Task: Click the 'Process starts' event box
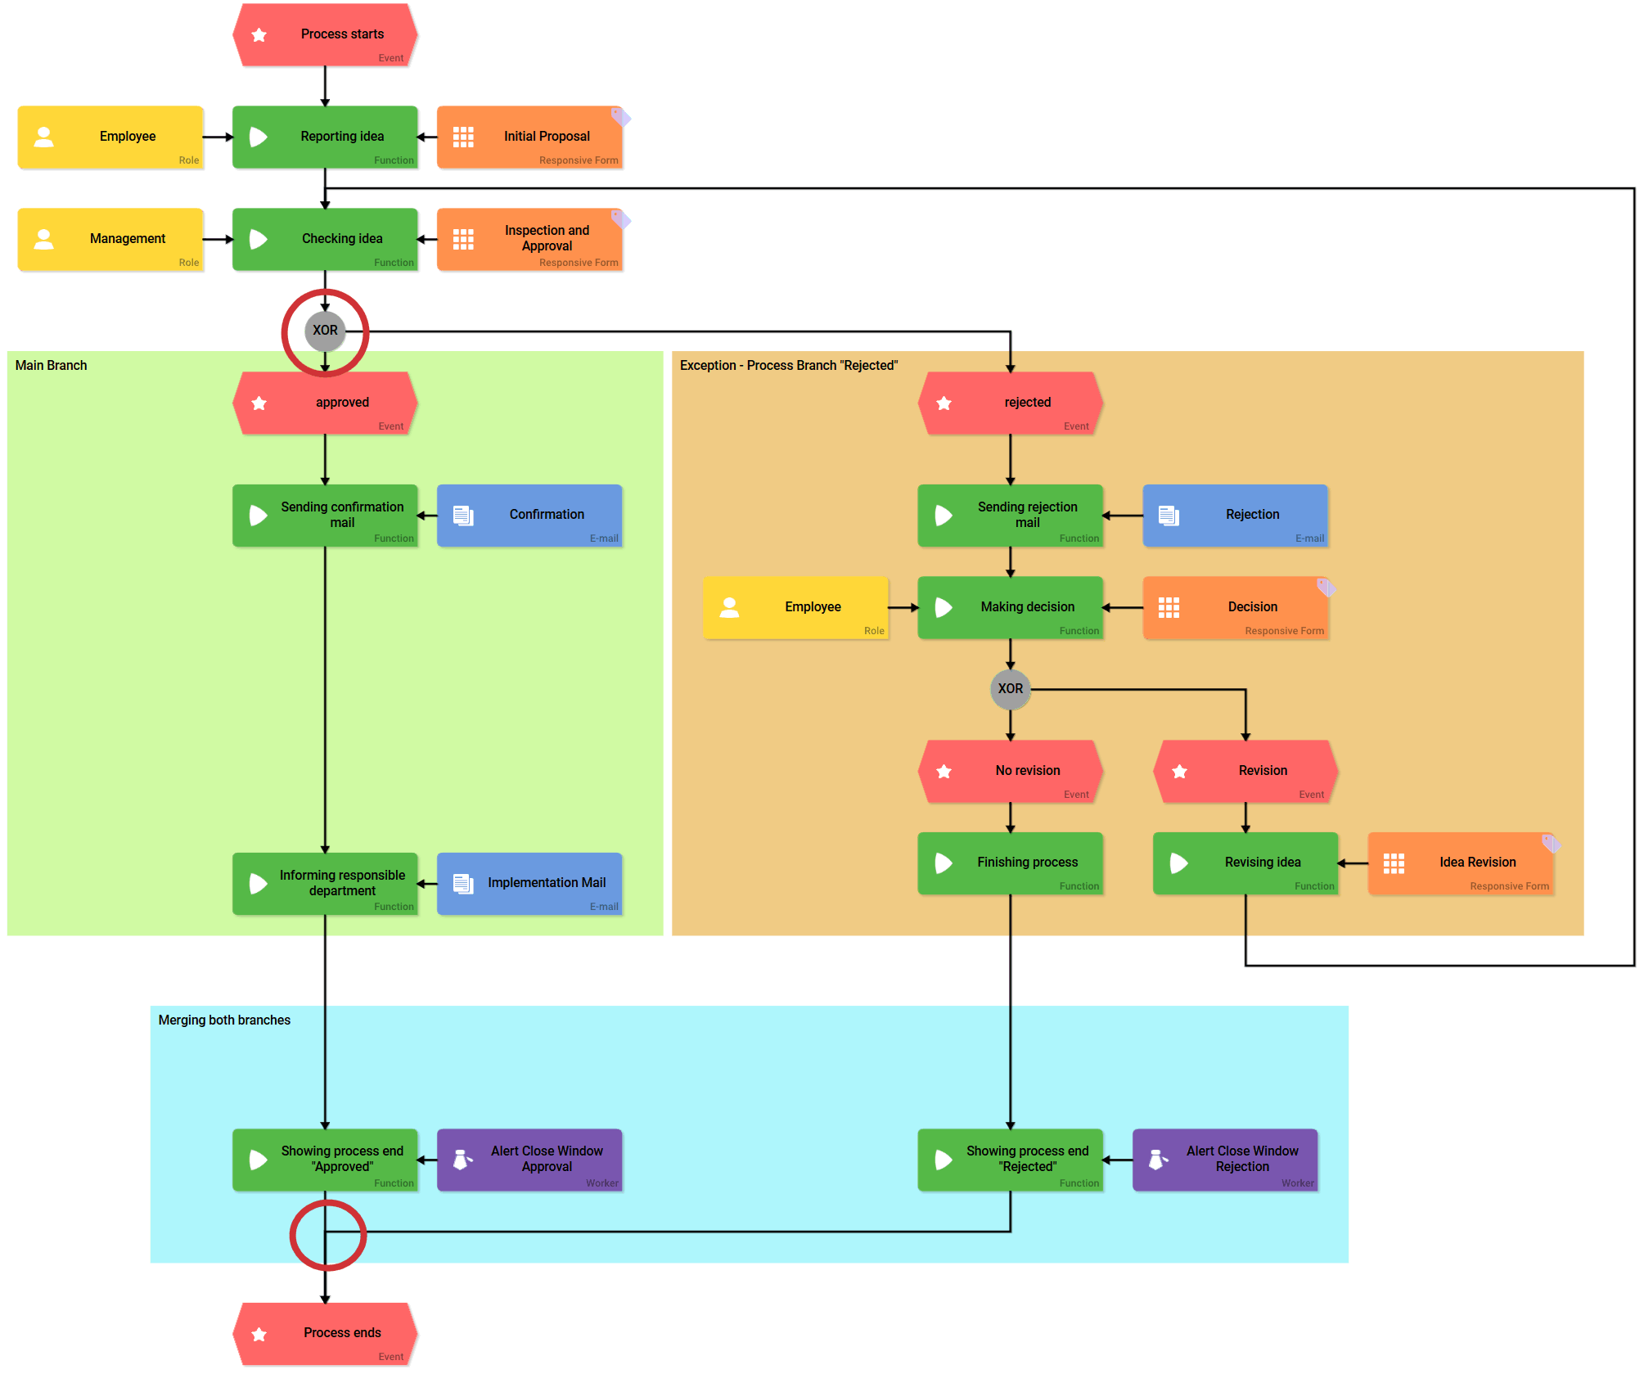326,34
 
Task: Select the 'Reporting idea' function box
326,137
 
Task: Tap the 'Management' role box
110,239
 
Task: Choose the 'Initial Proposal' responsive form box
529,137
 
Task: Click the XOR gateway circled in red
325,331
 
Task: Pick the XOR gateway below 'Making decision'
1010,689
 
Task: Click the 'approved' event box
326,403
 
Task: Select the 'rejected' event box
1011,403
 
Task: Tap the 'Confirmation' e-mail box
529,515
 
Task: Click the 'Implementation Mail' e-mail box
529,883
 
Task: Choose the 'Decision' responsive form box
1235,607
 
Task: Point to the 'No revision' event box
1011,771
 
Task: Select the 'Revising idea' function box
1245,863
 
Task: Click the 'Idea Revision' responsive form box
1461,863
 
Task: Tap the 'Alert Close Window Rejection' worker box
1225,1160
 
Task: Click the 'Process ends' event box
326,1333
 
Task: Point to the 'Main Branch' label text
51,366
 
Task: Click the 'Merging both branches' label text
224,1020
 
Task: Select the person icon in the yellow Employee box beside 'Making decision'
729,607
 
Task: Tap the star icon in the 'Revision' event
1179,772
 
